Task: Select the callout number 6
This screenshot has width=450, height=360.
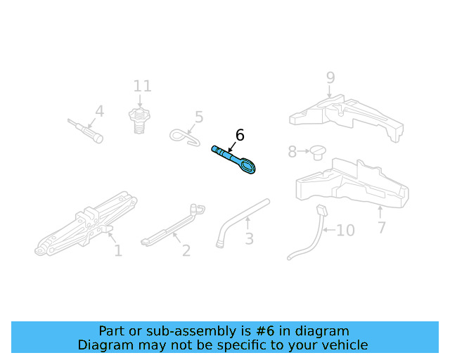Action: [x=240, y=135]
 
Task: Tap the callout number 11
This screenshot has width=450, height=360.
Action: [x=142, y=86]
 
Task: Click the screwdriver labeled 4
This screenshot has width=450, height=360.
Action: [x=85, y=131]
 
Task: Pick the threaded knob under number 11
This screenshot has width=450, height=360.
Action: [x=139, y=120]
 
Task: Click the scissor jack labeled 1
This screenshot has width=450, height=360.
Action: [x=86, y=224]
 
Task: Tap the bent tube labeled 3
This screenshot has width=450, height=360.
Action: [x=243, y=222]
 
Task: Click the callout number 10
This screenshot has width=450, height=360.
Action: [x=345, y=230]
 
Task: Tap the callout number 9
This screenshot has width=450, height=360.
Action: [x=330, y=78]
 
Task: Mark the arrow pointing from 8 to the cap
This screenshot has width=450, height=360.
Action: [x=304, y=150]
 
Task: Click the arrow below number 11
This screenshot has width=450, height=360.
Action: [x=140, y=101]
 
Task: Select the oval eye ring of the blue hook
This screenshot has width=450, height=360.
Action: [x=247, y=166]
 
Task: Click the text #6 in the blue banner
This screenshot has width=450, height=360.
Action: [x=265, y=331]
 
